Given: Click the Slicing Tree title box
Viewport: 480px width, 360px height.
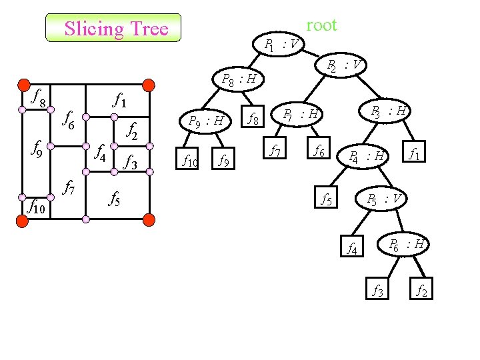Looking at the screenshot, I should coord(113,29).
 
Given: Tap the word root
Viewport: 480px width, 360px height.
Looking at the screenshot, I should coord(321,25).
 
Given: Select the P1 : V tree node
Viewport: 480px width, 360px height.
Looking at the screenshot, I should coord(281,45).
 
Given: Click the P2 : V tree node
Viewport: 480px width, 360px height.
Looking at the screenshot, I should coord(344,65).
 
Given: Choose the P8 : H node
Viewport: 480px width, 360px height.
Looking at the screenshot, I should coord(238,81).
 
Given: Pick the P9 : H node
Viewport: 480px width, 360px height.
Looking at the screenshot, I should coord(205,121).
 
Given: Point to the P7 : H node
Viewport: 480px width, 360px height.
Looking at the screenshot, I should coord(300,115).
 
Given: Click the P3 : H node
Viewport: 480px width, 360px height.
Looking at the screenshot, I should coord(389,110).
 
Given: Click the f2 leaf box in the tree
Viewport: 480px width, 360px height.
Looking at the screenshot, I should coord(422,291).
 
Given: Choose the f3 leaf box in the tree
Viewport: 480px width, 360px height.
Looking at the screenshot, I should coord(377,291).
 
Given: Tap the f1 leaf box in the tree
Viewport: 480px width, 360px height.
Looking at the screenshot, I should coord(414,154).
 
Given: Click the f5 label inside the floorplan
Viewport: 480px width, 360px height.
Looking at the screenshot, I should coord(114,198).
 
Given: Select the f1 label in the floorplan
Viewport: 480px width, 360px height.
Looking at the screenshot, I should coord(121,101).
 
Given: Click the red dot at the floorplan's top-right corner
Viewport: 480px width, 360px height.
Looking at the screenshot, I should coord(149,85).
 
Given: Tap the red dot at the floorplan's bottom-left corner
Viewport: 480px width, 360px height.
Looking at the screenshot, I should coord(23,220).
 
